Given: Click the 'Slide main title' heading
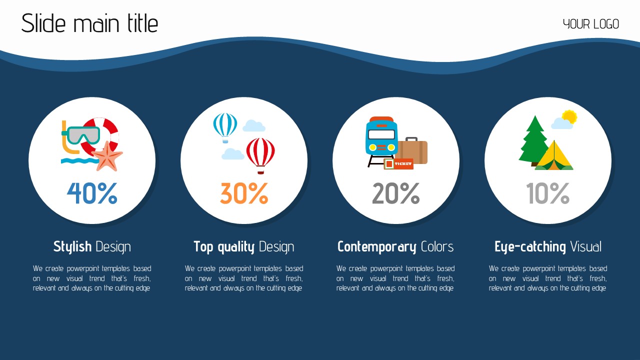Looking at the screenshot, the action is click(89, 23).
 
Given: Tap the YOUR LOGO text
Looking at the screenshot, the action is click(591, 24).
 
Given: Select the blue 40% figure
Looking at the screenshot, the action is click(92, 193).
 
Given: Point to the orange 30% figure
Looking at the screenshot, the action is click(244, 193).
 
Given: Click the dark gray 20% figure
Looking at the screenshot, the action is click(396, 193).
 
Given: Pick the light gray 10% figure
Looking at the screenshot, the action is click(548, 193).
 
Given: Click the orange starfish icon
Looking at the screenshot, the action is click(108, 156).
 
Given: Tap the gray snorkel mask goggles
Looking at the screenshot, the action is click(81, 135).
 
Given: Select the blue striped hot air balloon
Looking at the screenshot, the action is click(225, 127).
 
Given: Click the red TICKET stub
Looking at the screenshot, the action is click(398, 163).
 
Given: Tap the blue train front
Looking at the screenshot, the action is click(381, 137).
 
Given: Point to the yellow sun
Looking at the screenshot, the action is click(569, 116).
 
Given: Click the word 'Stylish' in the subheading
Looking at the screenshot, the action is click(72, 247).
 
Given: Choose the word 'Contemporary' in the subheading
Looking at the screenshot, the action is click(377, 247).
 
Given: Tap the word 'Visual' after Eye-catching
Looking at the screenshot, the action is click(585, 246).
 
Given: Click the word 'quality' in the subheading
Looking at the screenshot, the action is click(236, 247).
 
